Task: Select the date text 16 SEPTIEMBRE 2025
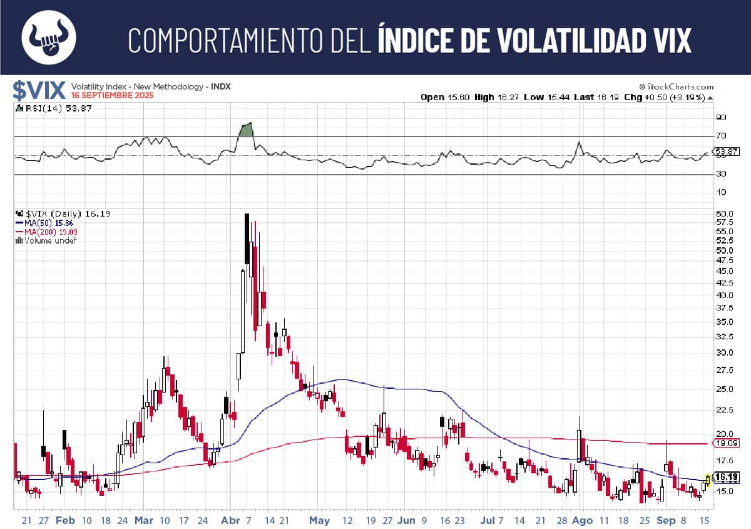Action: pos(112,96)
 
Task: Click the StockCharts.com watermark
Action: pos(676,87)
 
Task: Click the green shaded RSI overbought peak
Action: pos(246,130)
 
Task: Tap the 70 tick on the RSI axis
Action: pos(720,136)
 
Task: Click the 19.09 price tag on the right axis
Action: pos(724,443)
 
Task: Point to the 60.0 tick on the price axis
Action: pos(722,213)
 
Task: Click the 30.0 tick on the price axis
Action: pos(722,352)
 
